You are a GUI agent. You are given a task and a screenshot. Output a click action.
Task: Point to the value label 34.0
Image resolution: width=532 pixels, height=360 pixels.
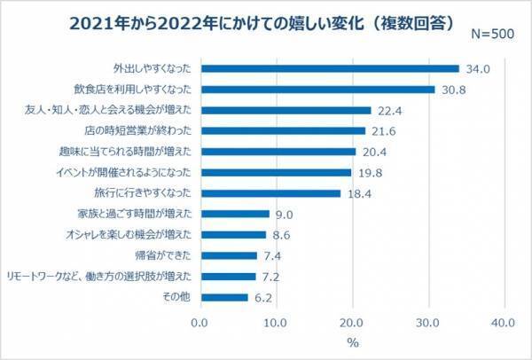(x=473, y=68)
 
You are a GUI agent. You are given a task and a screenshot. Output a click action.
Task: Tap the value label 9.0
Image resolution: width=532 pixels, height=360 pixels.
(x=281, y=214)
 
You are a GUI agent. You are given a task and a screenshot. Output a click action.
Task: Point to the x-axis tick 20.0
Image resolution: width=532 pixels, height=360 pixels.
(x=353, y=322)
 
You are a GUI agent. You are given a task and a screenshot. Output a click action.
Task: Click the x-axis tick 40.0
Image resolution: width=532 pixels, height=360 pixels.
(x=505, y=322)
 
